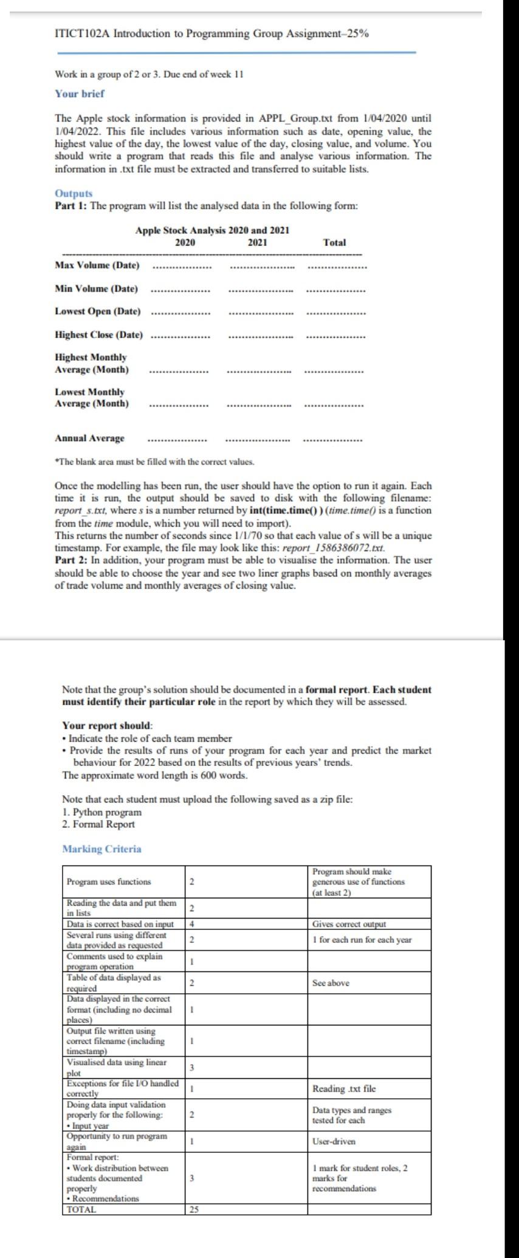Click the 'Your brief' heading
pos(80,94)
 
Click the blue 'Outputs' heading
pos(74,193)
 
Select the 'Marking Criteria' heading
pos(101,849)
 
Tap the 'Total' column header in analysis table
pos(334,242)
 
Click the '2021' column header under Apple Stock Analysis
pos(258,242)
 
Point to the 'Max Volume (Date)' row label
pos(97,265)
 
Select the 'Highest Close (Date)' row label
pos(99,335)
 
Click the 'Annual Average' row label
pos(89,438)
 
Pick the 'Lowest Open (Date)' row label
pos(98,311)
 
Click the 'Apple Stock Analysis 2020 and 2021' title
pos(212,230)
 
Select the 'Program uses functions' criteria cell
pos(109,881)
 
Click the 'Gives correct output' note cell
pos(349,924)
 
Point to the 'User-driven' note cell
pos(334,1141)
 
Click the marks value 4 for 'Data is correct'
pos(191,924)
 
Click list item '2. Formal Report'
pos(98,824)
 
